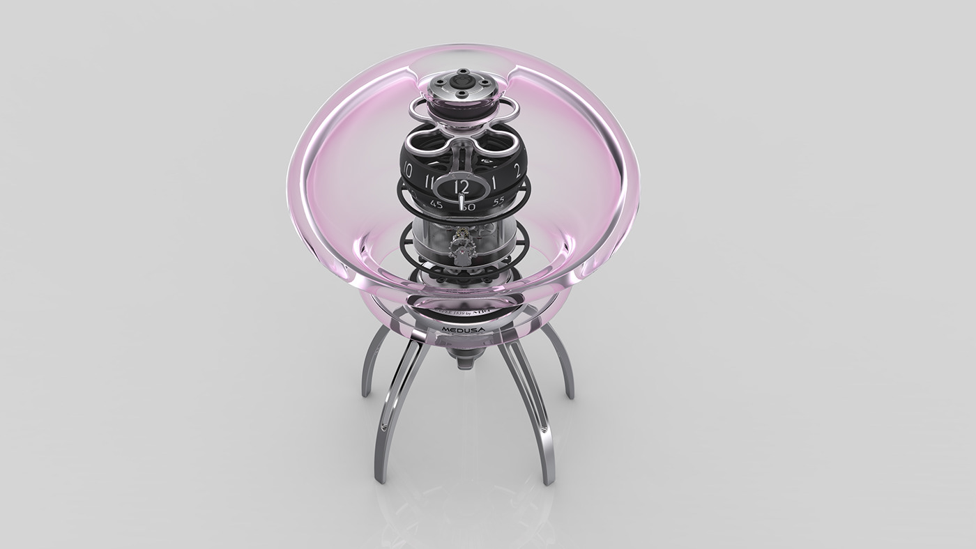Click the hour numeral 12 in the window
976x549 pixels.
(x=461, y=187)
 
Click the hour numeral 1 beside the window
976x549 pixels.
(x=494, y=183)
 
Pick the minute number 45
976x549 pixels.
(x=436, y=204)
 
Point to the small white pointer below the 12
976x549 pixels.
(x=461, y=202)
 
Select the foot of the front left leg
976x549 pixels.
(x=381, y=477)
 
